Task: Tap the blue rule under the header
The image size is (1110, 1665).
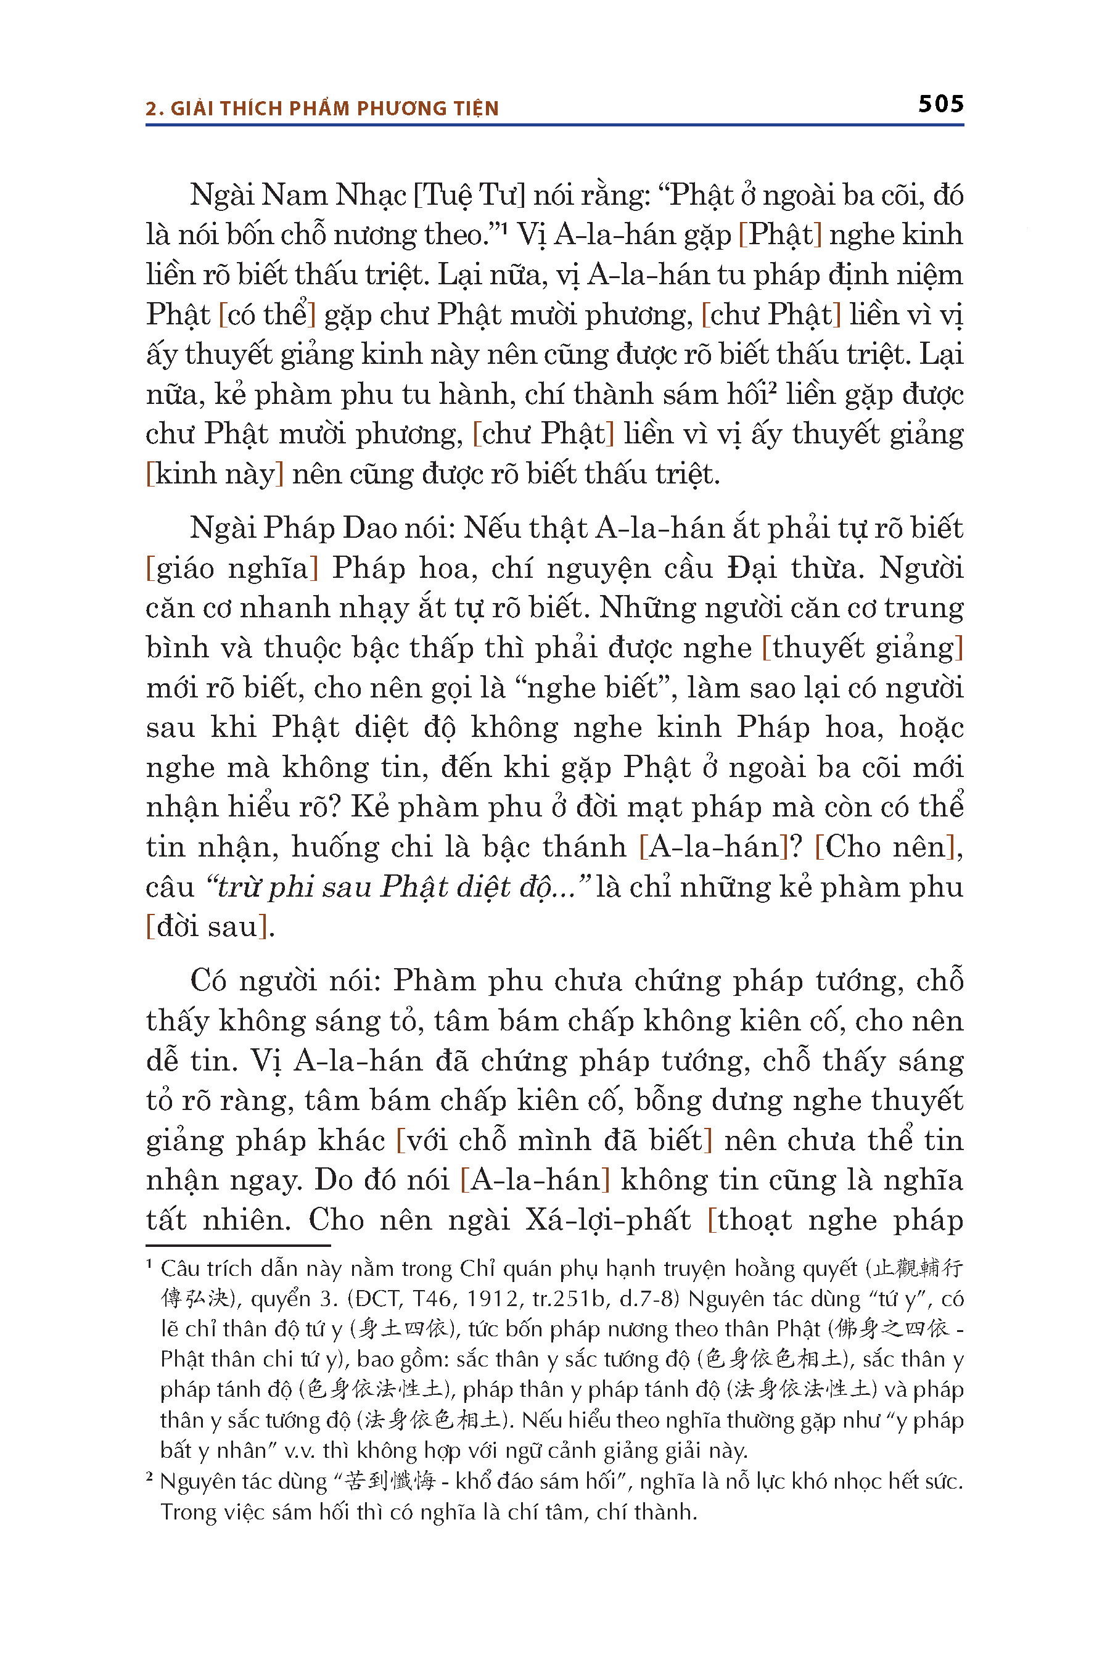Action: click(x=554, y=125)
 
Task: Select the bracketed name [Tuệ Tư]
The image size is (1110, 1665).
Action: click(x=469, y=195)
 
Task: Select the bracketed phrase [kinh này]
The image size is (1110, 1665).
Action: click(x=215, y=474)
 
